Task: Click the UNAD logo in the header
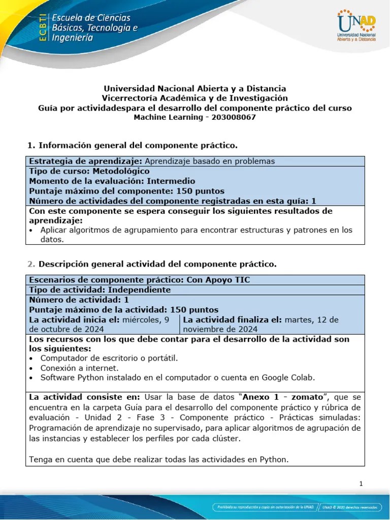point(356,25)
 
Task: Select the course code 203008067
point(234,117)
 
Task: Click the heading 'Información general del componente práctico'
point(138,146)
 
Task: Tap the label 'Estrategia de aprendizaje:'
point(86,161)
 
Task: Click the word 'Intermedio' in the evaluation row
point(171,181)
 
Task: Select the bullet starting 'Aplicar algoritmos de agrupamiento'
point(196,230)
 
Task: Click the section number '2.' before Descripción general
point(30,264)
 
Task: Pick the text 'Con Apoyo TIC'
point(218,280)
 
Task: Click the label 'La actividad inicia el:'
point(75,320)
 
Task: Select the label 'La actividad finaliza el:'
point(233,320)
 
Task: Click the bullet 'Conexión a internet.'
point(80,368)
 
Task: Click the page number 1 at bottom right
point(361,483)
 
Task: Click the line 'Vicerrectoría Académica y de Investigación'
point(195,98)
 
